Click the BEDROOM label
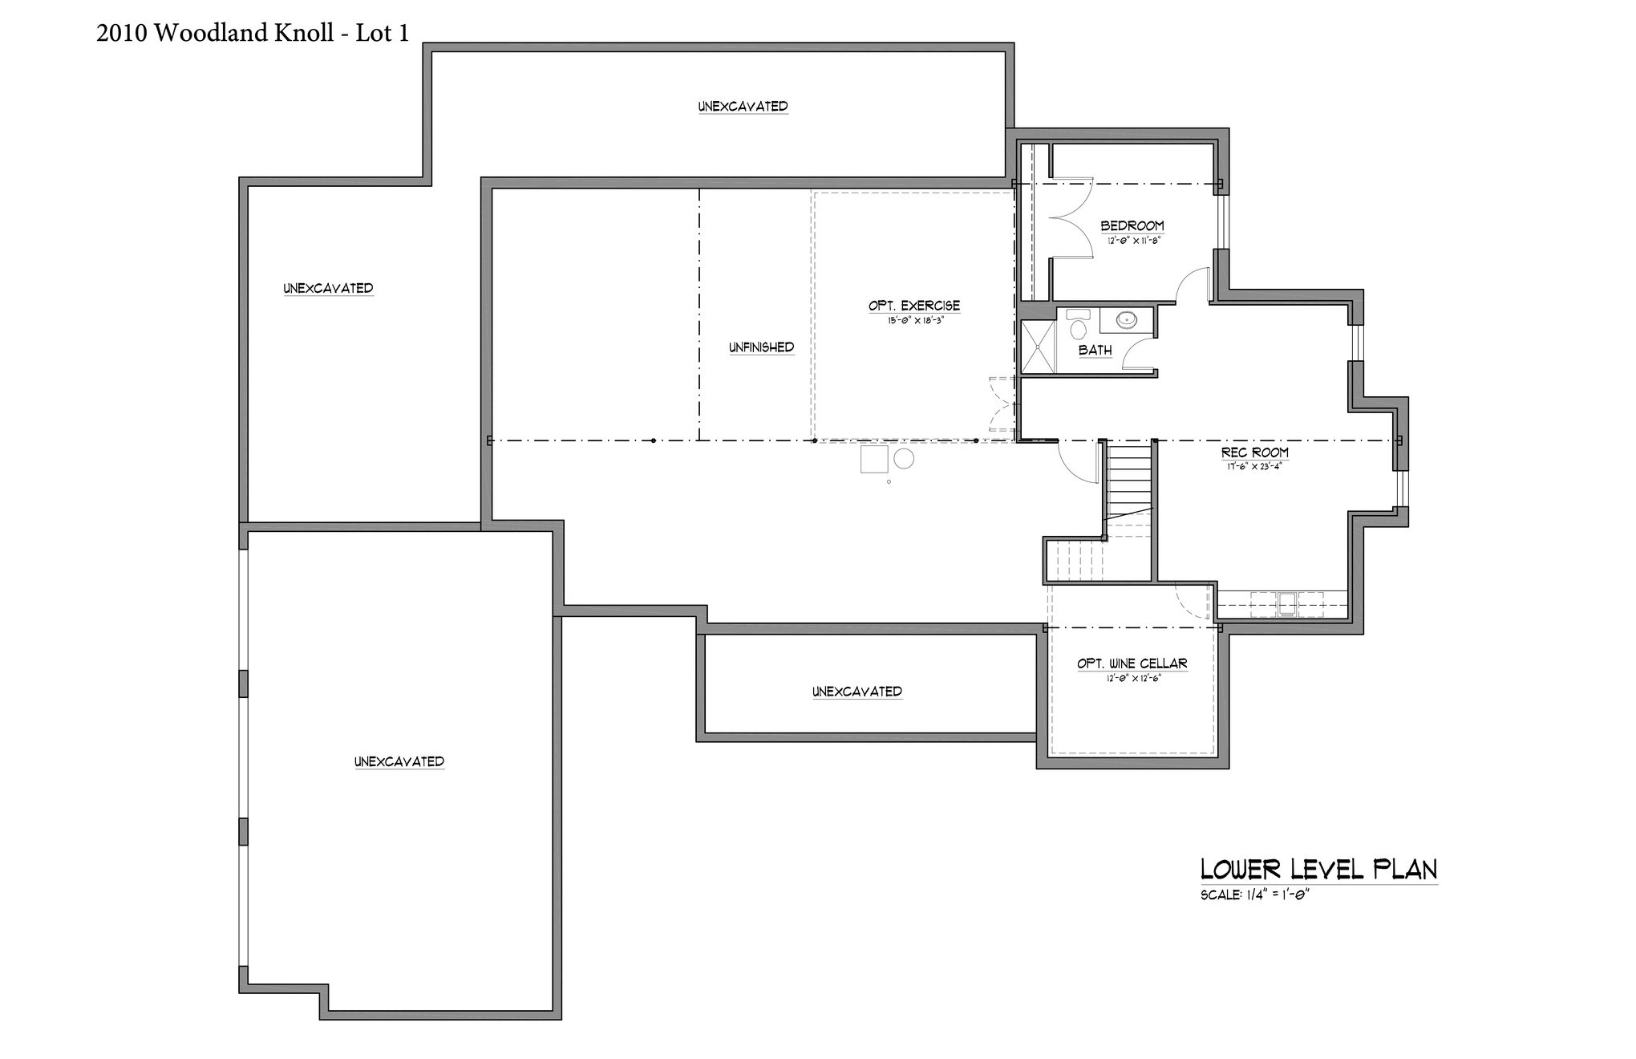pos(1132,226)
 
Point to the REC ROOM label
pos(1255,453)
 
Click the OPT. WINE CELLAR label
pos(1132,664)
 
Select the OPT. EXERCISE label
pos(913,306)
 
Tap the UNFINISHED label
pos(761,347)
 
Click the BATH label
pos(1095,350)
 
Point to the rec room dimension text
pos(1255,465)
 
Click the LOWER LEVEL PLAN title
pos(1318,870)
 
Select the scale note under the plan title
pos(1254,895)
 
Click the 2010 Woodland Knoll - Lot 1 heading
pos(253,32)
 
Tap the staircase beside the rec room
pos(1129,481)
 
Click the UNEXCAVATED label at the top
pos(743,106)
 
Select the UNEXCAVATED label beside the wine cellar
pos(856,692)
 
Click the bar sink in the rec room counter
pos(1286,603)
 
